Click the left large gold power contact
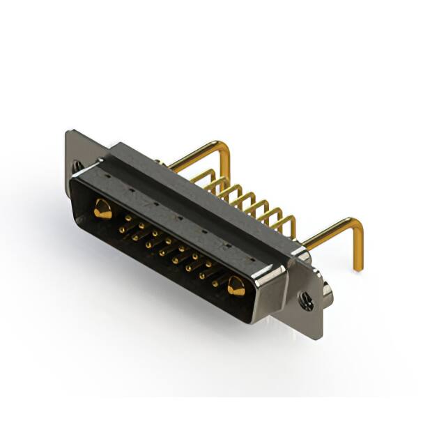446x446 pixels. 102,208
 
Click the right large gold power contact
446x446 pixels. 236,286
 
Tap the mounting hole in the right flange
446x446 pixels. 306,301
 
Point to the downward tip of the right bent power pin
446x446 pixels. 357,267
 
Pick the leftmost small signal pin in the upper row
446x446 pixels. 127,217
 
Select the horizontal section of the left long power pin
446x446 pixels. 195,157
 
